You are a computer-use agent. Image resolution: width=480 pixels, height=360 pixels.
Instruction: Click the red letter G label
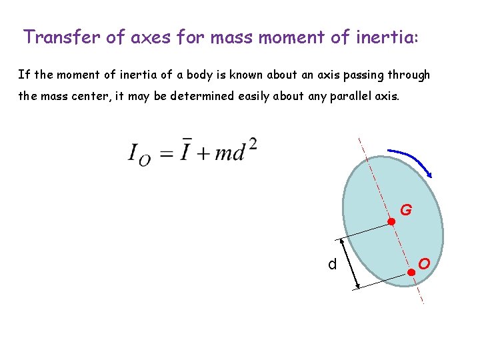click(x=405, y=211)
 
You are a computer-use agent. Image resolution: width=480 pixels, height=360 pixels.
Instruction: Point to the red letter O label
click(x=424, y=263)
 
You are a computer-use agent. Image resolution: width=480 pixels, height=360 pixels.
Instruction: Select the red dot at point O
click(x=411, y=272)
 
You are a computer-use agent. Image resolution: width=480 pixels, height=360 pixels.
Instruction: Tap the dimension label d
click(x=332, y=265)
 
